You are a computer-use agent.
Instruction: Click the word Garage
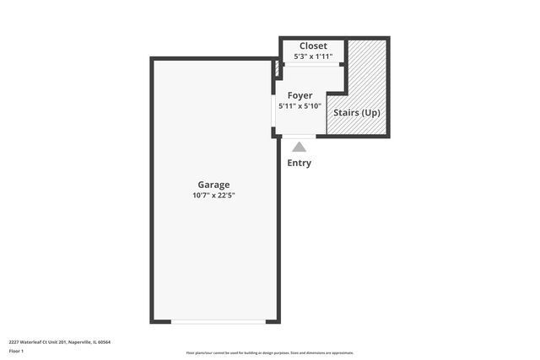tap(213, 185)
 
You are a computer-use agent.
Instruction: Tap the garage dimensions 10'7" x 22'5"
tap(213, 196)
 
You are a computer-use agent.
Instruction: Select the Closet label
tap(313, 46)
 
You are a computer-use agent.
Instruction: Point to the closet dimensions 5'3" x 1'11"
tap(313, 56)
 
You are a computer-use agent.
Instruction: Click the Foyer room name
tap(300, 95)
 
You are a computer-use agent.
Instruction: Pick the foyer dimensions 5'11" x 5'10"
tap(300, 106)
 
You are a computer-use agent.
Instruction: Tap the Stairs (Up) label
tap(356, 112)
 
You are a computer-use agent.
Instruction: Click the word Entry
tap(300, 163)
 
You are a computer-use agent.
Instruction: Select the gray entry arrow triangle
tap(300, 148)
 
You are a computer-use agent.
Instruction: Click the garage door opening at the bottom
tap(219, 321)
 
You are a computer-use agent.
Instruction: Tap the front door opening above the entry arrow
tap(299, 136)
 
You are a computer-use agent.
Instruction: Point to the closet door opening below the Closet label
tap(314, 66)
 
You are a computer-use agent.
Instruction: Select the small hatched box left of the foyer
tap(276, 69)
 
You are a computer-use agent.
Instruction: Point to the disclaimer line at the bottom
tap(270, 352)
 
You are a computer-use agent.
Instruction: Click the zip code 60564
tap(104, 342)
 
